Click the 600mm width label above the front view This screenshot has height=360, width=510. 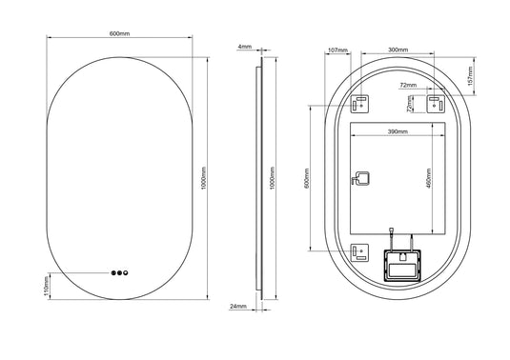(119, 34)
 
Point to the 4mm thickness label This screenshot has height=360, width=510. (245, 46)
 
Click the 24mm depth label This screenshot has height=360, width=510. (238, 307)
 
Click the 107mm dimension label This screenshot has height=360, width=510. (336, 49)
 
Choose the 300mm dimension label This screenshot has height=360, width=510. (398, 49)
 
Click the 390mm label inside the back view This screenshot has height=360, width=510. (398, 131)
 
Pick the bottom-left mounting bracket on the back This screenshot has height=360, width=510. (360, 252)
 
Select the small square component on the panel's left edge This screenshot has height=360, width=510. (360, 178)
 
